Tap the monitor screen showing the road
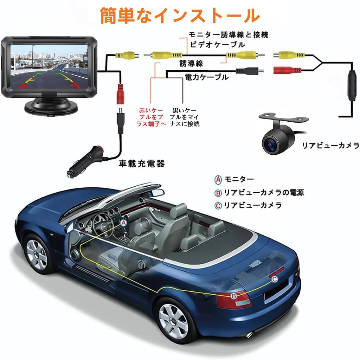49,66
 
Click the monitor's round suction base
51,106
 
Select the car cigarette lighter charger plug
84,162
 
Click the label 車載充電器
141,164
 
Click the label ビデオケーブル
217,45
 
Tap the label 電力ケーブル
206,77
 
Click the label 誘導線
191,63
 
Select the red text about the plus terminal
151,117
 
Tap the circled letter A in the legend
218,180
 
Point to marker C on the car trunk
275,279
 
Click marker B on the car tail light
234,296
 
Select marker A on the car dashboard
123,222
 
